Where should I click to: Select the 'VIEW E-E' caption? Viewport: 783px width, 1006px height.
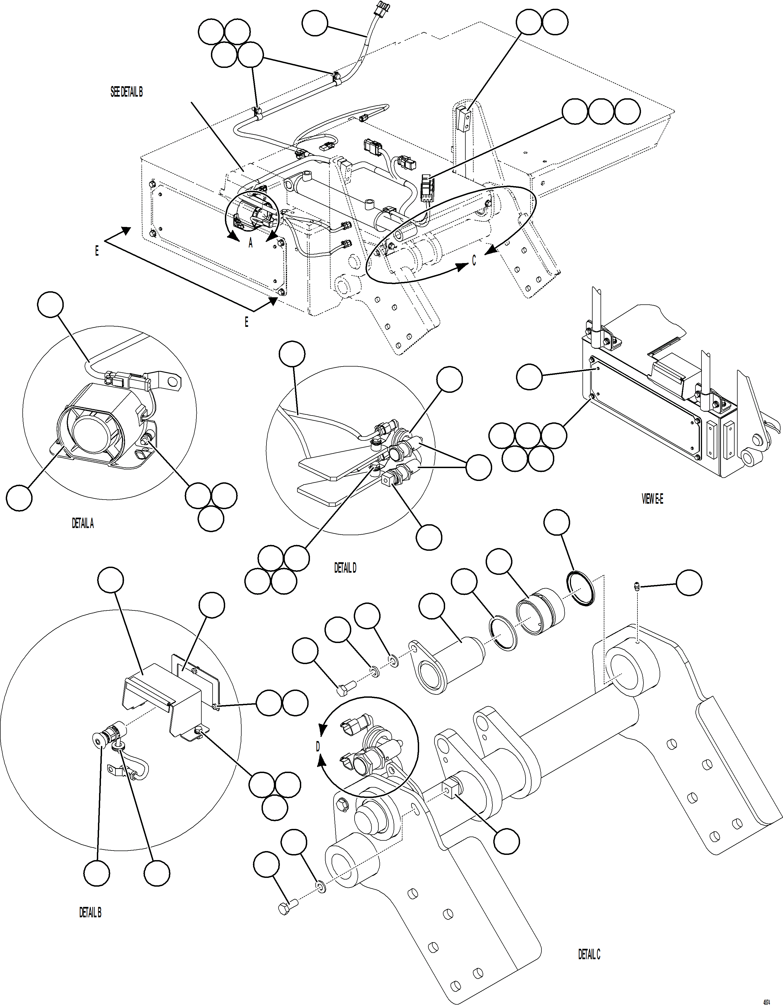[x=652, y=499]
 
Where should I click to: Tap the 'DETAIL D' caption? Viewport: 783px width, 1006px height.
[x=345, y=568]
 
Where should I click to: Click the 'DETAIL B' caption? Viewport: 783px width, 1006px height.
[x=90, y=912]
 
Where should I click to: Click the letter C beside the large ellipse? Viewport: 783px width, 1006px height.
[x=474, y=261]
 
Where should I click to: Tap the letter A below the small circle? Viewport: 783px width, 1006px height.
[x=250, y=243]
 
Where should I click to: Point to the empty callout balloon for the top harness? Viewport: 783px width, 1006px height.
[x=315, y=24]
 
